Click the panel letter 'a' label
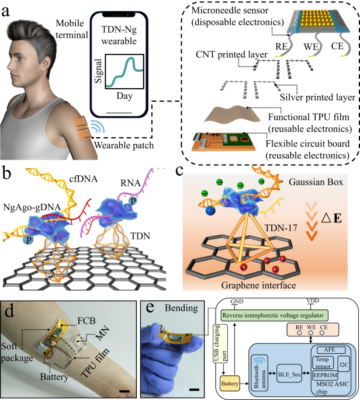[6, 11]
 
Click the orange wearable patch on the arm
[81, 128]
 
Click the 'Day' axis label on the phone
[124, 96]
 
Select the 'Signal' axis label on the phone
[98, 71]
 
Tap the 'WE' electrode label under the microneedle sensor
[311, 47]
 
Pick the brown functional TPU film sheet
[232, 115]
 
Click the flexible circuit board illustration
[223, 141]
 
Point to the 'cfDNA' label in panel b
[84, 179]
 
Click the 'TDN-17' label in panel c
[281, 228]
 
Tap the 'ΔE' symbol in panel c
[331, 218]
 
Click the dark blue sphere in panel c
[210, 210]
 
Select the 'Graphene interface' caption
[258, 285]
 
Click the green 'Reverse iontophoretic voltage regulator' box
[274, 315]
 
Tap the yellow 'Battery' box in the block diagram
[230, 384]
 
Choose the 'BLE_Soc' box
[289, 374]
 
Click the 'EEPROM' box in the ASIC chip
[325, 375]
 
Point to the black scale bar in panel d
[124, 391]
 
